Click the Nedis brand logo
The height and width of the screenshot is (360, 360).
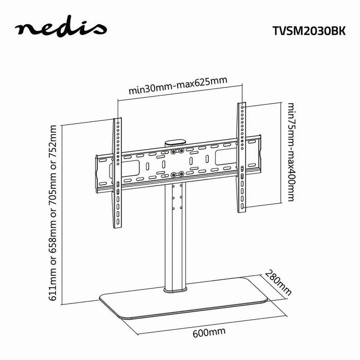[x=60, y=29]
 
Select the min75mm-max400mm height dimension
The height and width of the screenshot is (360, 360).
[x=292, y=152]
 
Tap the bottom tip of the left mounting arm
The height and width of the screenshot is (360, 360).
[x=118, y=226]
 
